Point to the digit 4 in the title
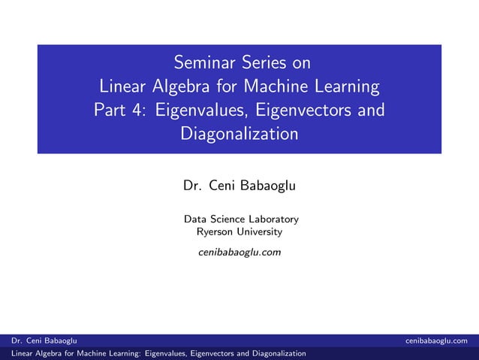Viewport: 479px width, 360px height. [x=140, y=110]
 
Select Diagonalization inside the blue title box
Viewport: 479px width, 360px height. [x=239, y=135]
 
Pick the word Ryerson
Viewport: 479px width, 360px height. [x=214, y=231]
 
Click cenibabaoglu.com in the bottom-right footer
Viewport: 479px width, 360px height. [x=441, y=340]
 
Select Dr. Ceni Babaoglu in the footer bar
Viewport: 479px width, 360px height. [x=40, y=340]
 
